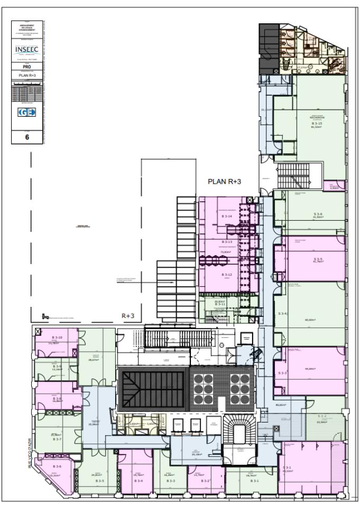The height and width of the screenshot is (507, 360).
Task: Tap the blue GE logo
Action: click(27, 112)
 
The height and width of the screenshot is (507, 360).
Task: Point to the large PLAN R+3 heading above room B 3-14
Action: click(224, 181)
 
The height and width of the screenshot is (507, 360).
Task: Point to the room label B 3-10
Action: click(57, 337)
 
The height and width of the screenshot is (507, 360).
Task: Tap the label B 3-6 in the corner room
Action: click(56, 466)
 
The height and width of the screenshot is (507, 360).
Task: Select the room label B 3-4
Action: click(139, 481)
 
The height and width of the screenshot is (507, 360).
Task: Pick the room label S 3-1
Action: click(287, 468)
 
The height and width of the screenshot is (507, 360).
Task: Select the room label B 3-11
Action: click(220, 305)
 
